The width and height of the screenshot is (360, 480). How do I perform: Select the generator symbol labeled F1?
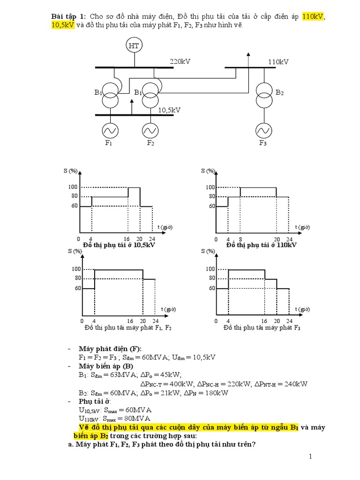point(109,129)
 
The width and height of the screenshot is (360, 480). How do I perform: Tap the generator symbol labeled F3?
point(262,129)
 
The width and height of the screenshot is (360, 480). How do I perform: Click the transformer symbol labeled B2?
point(263,95)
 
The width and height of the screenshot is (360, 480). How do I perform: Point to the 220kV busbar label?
point(180,61)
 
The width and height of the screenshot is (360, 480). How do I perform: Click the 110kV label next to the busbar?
point(278,61)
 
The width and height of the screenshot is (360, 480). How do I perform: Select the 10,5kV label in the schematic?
point(169,110)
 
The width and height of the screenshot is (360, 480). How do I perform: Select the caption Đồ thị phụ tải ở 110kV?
point(261,245)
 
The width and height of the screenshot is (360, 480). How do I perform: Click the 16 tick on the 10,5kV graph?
point(128,239)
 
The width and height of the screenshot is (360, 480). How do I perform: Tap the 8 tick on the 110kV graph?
point(240,239)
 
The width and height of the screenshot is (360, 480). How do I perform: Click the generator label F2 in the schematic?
point(150,143)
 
